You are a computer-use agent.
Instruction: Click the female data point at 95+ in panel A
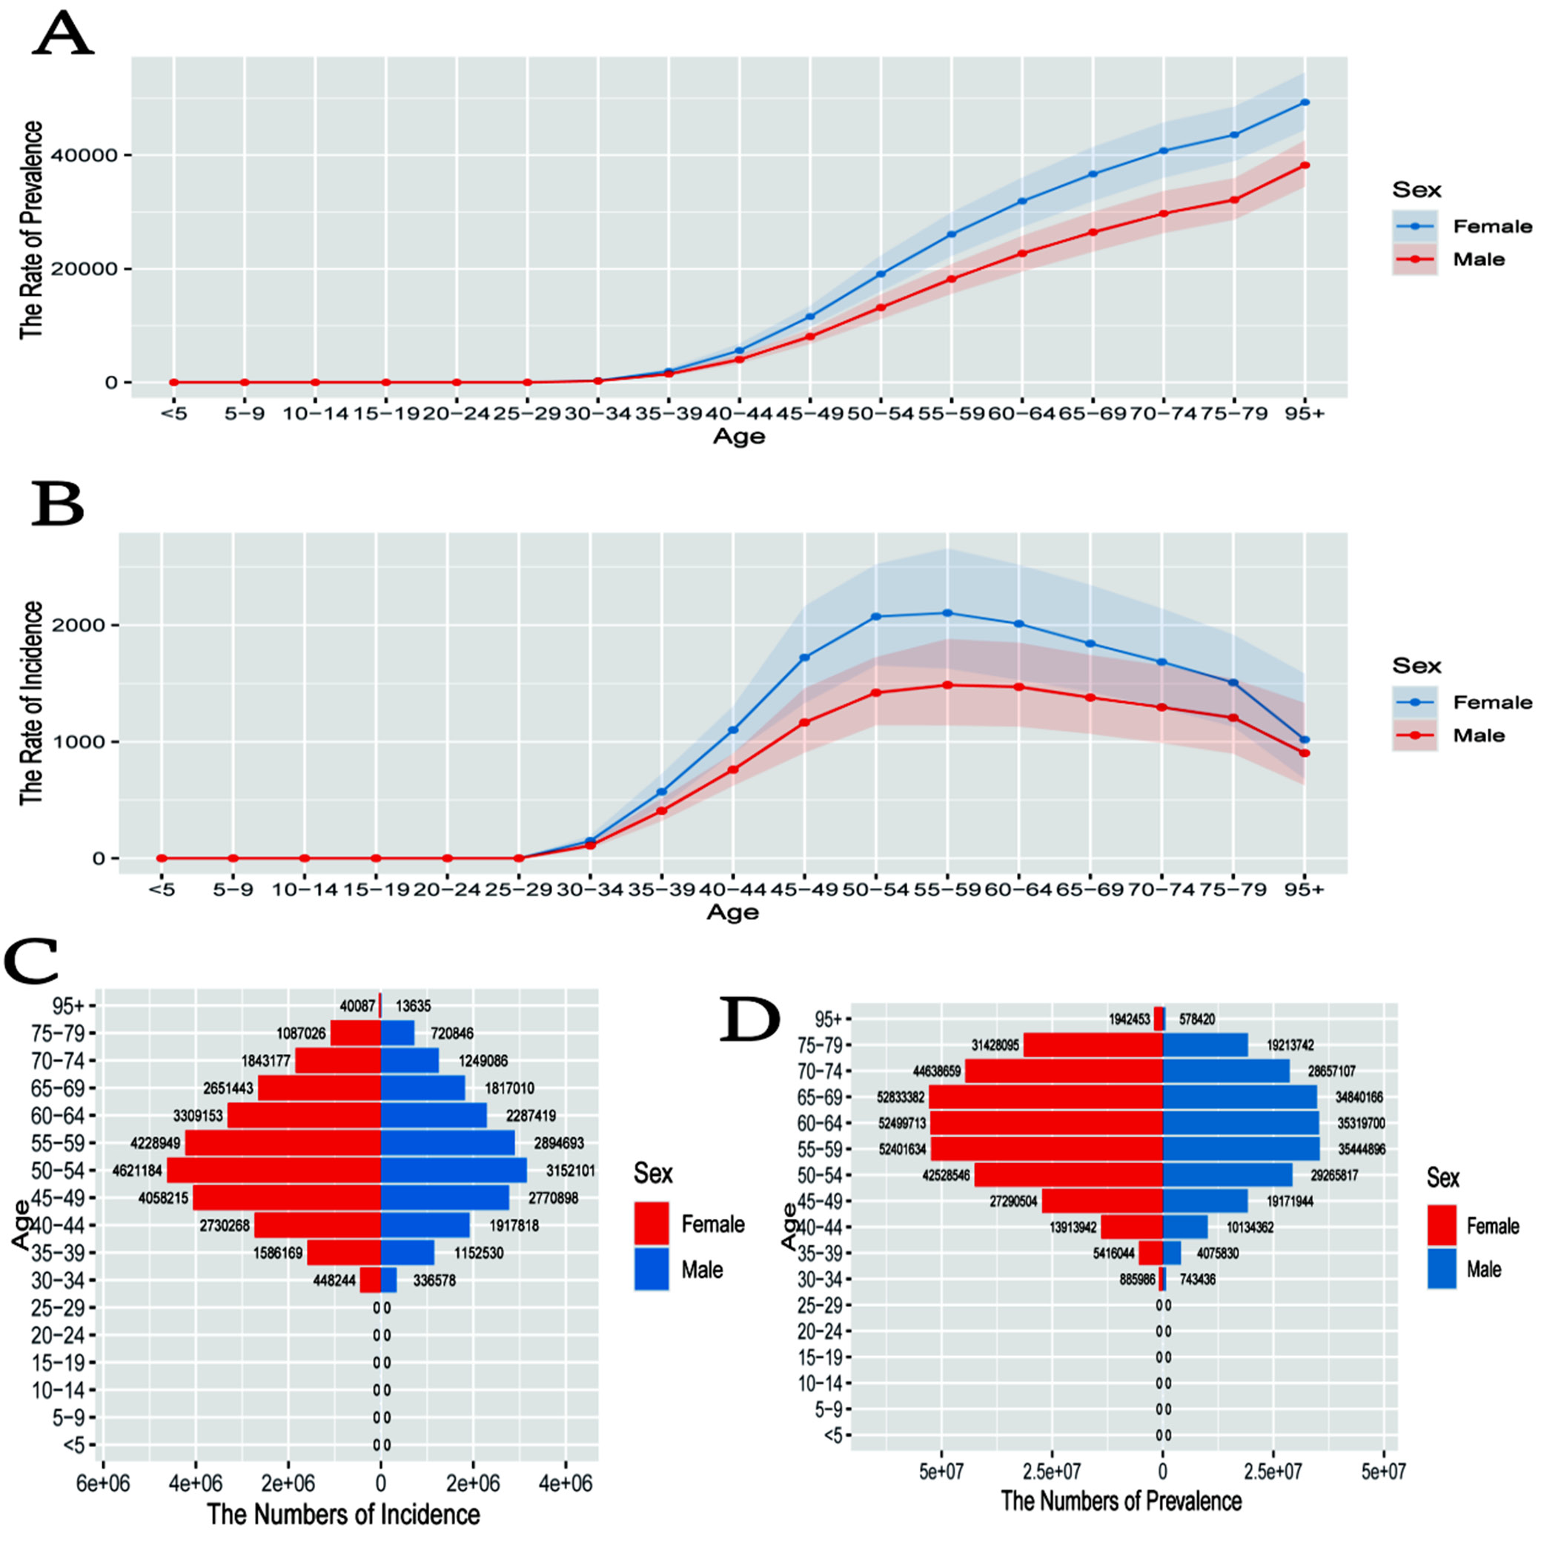tap(1305, 102)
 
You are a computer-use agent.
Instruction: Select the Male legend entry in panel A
tap(1479, 259)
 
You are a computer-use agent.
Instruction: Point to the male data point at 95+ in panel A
tap(1305, 165)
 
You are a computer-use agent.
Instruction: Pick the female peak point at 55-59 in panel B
tap(947, 613)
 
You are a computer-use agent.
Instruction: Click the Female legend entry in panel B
tap(1492, 702)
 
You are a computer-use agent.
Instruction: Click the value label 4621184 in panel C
tap(138, 1171)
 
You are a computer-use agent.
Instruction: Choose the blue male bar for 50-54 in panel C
tap(454, 1171)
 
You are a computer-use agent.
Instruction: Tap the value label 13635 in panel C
tap(413, 1006)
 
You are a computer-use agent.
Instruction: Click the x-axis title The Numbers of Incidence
tap(344, 1514)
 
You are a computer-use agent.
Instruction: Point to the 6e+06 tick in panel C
tap(102, 1483)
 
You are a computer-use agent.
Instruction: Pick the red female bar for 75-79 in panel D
tap(1093, 1045)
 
